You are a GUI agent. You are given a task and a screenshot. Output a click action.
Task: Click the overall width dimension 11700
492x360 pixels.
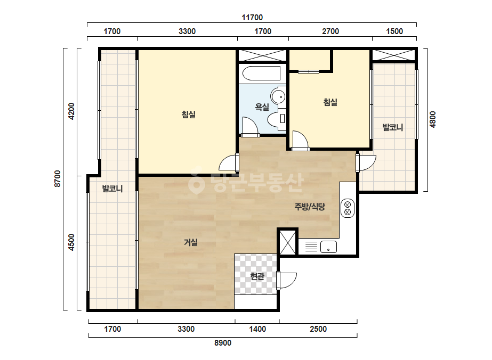point(252,18)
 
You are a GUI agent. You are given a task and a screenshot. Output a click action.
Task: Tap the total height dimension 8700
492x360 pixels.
point(57,179)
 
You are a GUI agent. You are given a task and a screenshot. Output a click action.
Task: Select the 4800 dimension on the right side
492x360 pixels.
point(433,119)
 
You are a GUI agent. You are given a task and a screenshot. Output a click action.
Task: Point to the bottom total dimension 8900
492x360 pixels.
point(223,343)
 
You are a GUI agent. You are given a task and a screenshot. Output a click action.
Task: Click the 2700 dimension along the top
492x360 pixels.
point(330,31)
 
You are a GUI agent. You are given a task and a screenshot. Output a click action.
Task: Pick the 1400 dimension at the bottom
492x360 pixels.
point(257,329)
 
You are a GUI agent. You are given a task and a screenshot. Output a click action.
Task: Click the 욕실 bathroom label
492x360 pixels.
point(262,107)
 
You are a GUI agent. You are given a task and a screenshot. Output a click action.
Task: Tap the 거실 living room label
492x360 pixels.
point(191,242)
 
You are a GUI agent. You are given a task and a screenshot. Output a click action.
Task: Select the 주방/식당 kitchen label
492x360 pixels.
point(309,207)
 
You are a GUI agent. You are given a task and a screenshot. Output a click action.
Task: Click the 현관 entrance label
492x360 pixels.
point(257,276)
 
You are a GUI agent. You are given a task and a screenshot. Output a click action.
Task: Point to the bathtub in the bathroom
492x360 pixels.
point(262,73)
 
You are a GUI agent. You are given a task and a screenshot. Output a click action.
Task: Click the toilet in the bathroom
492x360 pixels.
point(277,119)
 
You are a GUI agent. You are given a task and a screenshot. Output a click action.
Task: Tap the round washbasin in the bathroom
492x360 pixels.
point(278,96)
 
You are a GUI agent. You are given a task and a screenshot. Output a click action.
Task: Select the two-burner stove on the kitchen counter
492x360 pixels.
point(348,208)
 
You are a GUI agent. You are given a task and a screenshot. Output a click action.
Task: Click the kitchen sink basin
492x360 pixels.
point(328,247)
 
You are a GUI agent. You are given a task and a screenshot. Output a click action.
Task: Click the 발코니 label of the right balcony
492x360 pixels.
point(392,127)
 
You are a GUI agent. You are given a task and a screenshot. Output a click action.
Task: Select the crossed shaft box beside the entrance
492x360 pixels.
point(288,242)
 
